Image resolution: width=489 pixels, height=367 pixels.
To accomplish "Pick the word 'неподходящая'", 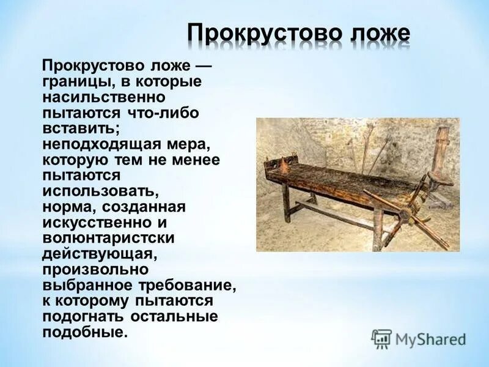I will tap(101, 145).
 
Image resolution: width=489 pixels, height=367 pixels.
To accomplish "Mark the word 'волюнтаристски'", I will tap(109, 239).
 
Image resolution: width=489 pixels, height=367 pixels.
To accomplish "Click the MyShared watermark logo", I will tap(419, 339).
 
